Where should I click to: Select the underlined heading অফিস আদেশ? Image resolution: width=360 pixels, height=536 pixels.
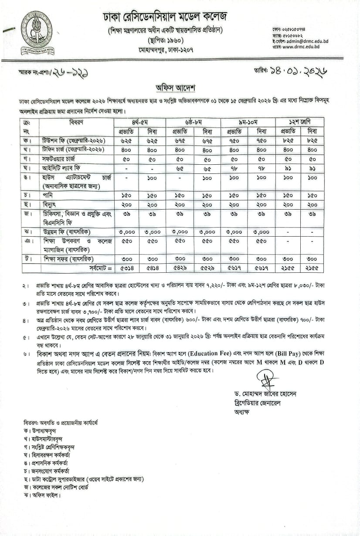pyautogui.click(x=171, y=86)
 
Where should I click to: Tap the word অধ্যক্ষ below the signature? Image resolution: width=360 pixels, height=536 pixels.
pyautogui.click(x=241, y=411)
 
